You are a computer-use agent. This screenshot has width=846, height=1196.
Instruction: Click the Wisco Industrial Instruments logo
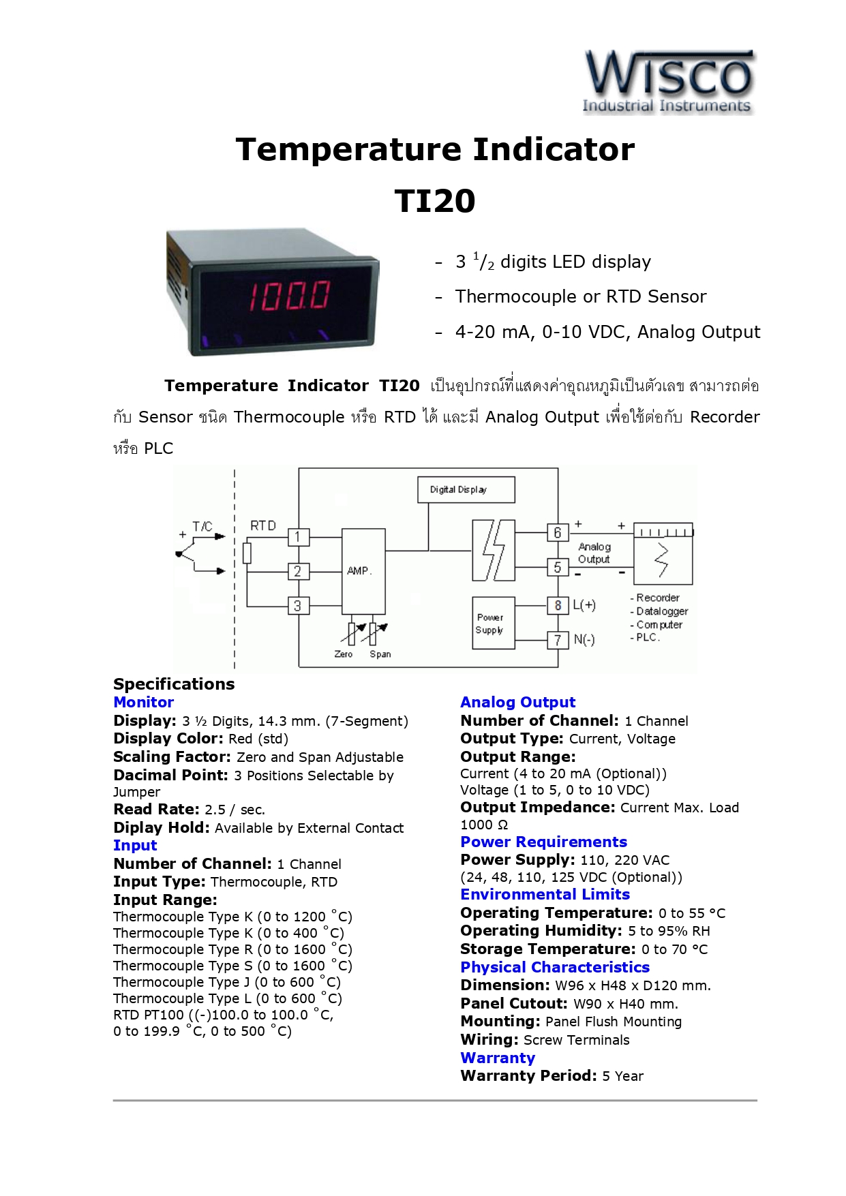point(668,82)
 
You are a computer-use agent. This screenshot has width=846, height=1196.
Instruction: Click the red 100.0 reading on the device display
point(289,296)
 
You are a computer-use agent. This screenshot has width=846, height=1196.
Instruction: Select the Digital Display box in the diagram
point(466,489)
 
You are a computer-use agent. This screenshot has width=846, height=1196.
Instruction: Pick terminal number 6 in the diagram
point(558,533)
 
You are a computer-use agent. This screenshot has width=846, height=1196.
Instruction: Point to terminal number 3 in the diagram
point(298,606)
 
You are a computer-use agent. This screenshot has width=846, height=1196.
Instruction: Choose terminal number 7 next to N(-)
point(558,640)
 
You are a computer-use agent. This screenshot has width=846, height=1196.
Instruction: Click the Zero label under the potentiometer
point(344,654)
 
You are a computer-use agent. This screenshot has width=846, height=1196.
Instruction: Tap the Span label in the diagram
point(380,654)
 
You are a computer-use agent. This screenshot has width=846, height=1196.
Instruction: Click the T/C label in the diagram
point(202,526)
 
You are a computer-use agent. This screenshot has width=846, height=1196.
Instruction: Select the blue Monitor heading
point(143,703)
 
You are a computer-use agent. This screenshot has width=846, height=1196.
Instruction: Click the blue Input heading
point(135,846)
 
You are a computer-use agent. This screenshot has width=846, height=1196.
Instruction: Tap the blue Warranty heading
point(498,1058)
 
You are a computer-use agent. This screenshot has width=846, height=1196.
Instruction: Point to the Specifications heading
point(174,684)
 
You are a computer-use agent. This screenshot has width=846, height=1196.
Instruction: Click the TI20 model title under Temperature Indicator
point(435,201)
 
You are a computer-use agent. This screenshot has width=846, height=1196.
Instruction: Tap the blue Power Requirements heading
point(543,842)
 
